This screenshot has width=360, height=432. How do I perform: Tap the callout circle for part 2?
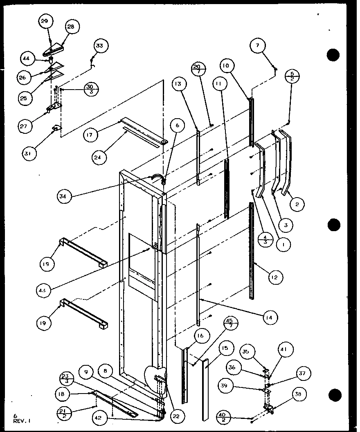[x=298, y=205]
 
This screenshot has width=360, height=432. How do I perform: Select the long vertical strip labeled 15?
[x=205, y=389]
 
